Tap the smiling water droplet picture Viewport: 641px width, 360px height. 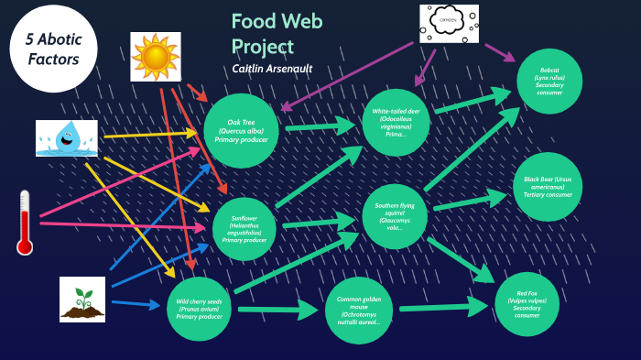[67, 137]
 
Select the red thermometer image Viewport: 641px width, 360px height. [25, 222]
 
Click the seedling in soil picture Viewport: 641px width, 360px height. [82, 299]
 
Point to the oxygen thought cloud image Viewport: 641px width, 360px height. [449, 23]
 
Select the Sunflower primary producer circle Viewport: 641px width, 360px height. [244, 229]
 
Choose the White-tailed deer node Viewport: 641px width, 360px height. [397, 122]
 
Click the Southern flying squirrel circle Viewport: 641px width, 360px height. [396, 217]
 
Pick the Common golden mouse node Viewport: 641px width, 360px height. [359, 310]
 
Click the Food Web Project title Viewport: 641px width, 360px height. [276, 34]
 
